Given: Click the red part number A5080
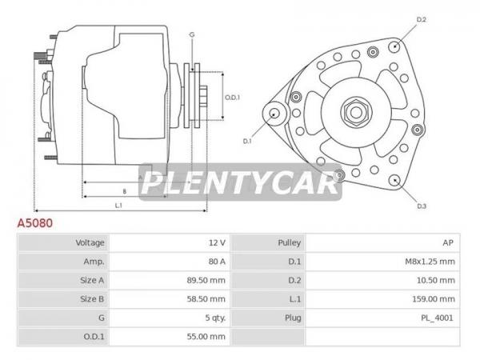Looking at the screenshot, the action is [35, 223].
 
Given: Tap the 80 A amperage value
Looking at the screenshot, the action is [217, 262].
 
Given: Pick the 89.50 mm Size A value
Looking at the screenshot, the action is [206, 280].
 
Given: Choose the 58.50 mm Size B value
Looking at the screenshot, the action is [206, 298].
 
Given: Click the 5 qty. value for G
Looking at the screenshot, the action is [215, 318].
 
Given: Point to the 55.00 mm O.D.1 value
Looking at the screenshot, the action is [206, 337].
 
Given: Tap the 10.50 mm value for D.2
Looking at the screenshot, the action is [436, 280].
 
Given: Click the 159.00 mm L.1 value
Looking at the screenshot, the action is [434, 298].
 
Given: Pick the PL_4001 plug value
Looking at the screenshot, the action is [437, 318].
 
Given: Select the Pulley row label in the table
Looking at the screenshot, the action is [290, 242].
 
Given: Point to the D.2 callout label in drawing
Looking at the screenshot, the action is [422, 19].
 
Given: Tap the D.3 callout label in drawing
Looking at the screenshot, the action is [422, 206].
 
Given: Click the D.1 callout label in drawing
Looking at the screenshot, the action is [247, 141].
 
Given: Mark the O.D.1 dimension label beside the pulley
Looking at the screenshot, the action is [232, 98].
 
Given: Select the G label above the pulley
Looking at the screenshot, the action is [192, 35].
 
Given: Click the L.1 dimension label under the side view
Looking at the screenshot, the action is [118, 206].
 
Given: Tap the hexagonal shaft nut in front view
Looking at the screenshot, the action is [356, 112].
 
